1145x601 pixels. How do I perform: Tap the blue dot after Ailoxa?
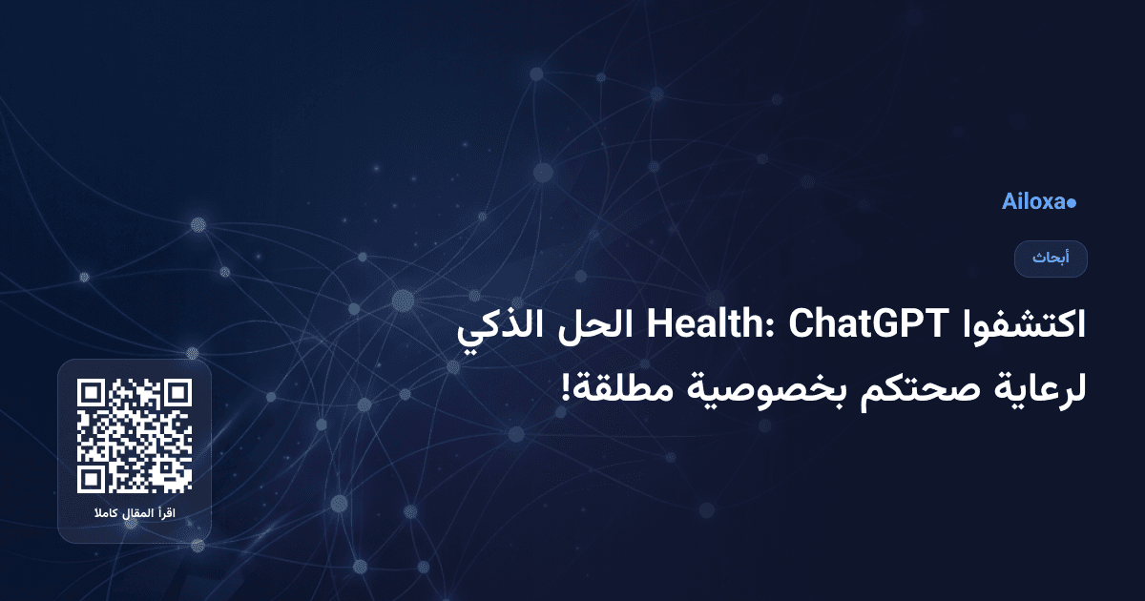point(1072,203)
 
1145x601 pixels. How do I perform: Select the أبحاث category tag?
point(1051,259)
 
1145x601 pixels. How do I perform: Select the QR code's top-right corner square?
point(177,394)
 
